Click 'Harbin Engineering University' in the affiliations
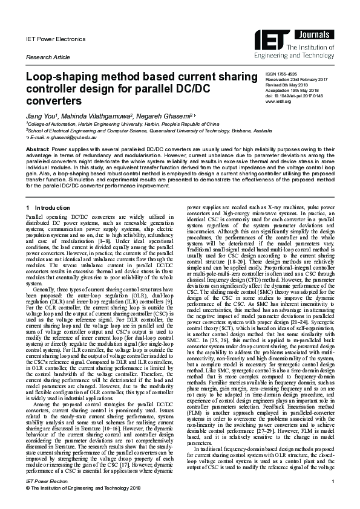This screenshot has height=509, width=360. tap(112, 122)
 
